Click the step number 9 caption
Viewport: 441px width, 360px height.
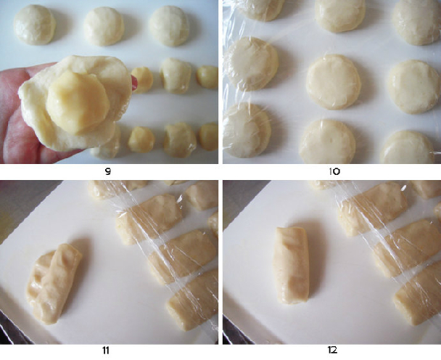[108, 171]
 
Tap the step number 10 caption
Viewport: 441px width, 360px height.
[334, 171]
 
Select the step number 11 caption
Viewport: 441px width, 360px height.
[106, 351]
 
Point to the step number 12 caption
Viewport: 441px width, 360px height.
[332, 350]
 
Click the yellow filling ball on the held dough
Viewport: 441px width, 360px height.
[78, 102]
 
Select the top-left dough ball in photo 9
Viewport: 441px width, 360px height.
[35, 25]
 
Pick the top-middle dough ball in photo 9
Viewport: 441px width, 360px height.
[104, 26]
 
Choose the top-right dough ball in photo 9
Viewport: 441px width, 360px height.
[169, 25]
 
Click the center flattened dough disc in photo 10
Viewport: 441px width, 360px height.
[333, 82]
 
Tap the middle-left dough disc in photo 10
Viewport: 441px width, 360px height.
[251, 64]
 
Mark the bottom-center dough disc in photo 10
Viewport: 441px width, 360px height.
[327, 142]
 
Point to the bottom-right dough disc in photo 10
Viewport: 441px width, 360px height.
[408, 147]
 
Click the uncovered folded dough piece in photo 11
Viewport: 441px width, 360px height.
[54, 284]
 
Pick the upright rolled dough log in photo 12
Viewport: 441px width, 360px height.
[292, 266]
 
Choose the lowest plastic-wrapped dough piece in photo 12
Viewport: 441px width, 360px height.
[418, 295]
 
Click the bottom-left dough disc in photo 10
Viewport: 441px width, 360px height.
[247, 131]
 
